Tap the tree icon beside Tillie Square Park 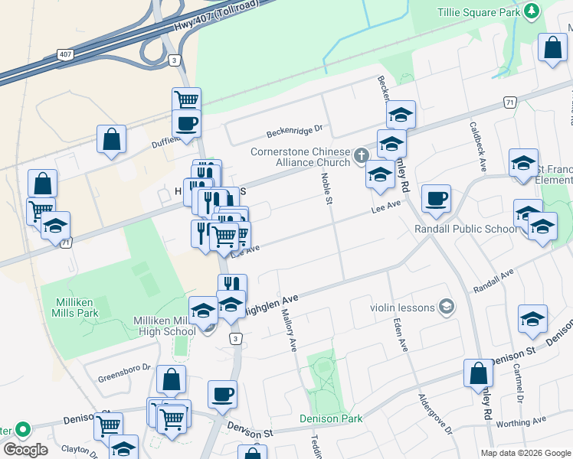coord(530,11)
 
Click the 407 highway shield coord(65,55)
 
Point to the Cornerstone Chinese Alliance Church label coord(300,157)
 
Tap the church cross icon coord(362,157)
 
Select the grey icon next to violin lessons coord(444,308)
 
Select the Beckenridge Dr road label coord(295,132)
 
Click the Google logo coord(25,450)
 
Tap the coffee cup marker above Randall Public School coord(436,200)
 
